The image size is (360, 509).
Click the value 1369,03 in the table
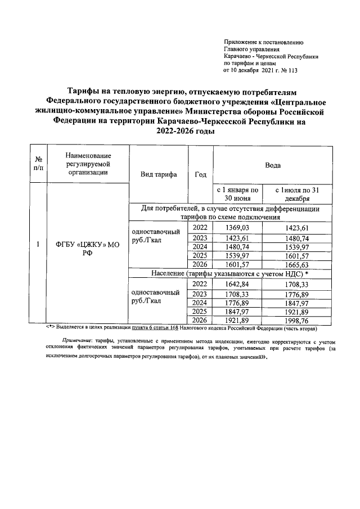click(x=236, y=227)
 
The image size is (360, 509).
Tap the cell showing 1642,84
click(x=236, y=285)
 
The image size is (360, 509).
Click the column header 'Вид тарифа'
click(x=158, y=174)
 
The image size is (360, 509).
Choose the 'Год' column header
click(x=200, y=174)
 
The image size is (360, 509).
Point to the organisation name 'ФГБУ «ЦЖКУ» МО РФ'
click(x=83, y=249)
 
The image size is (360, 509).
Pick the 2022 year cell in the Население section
click(x=200, y=285)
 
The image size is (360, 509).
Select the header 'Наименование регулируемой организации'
click(x=88, y=164)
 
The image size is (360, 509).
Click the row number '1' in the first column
click(x=37, y=245)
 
